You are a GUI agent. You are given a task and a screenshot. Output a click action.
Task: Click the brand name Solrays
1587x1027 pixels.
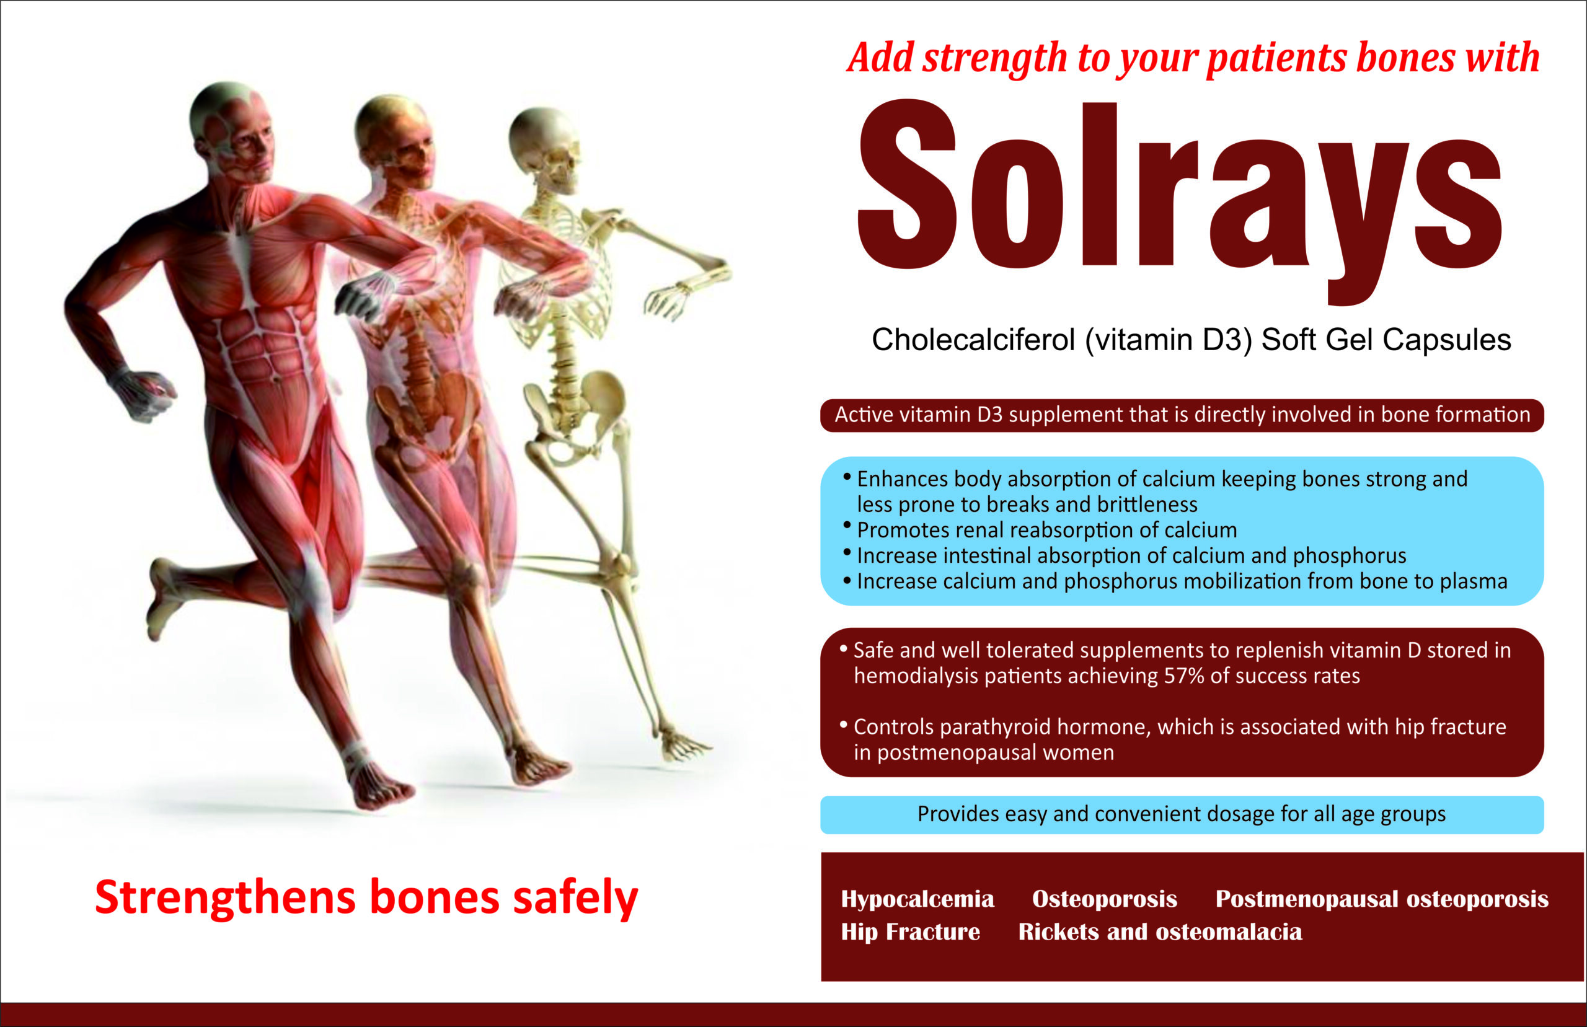point(1179,200)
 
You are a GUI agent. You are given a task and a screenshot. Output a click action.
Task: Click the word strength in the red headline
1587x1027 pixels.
point(996,59)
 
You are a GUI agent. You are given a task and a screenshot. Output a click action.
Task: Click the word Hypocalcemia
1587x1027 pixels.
point(917,899)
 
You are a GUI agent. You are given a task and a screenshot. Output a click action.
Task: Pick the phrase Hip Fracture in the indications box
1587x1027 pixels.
point(910,932)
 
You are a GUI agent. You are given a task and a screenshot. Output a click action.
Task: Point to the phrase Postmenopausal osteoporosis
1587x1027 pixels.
point(1382,899)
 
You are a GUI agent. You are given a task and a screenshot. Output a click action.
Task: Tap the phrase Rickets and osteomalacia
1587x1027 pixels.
point(1160,932)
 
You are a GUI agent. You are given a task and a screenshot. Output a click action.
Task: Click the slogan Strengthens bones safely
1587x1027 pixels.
point(367,897)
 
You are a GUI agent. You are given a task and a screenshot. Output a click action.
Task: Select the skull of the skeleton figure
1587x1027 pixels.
point(544,150)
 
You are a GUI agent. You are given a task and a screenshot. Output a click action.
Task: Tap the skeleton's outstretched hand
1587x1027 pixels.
point(667,300)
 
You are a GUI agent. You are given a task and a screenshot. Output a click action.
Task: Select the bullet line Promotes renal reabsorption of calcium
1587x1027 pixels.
point(1046,530)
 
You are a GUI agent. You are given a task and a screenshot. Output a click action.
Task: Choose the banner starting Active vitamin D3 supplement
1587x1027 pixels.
point(1182,415)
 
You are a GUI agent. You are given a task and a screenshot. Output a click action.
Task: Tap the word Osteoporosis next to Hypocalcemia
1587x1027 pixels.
point(1104,899)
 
